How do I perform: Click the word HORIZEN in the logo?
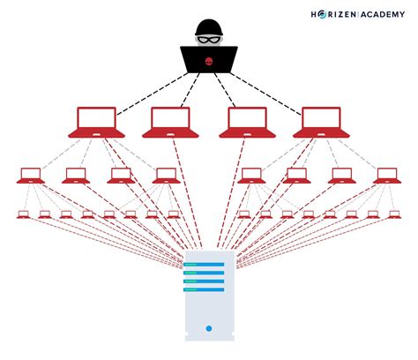[335, 14]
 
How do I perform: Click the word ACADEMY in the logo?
[382, 14]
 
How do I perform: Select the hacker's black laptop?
[209, 59]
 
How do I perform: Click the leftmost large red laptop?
[96, 122]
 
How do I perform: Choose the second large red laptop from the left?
[172, 122]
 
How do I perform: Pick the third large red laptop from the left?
[248, 122]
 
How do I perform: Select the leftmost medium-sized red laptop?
[31, 175]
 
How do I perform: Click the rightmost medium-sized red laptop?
[385, 175]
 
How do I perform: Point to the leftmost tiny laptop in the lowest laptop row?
[23, 214]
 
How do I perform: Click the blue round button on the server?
[209, 328]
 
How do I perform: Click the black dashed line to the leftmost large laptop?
[141, 87]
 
